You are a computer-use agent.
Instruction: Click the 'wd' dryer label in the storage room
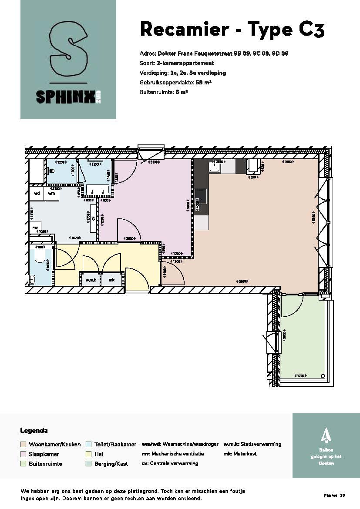37,193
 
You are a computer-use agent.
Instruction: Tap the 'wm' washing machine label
51,193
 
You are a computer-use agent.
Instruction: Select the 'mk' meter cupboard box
111,280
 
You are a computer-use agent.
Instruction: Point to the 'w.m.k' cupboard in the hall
90,280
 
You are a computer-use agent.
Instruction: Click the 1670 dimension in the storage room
74,238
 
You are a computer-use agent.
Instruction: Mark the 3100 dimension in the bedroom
153,162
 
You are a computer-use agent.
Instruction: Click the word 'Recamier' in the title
184,30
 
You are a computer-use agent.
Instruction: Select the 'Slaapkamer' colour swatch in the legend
24,454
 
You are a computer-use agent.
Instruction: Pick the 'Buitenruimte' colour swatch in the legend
24,464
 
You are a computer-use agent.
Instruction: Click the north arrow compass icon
325,435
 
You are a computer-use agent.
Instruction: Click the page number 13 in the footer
342,496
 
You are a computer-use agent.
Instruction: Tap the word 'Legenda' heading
34,431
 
